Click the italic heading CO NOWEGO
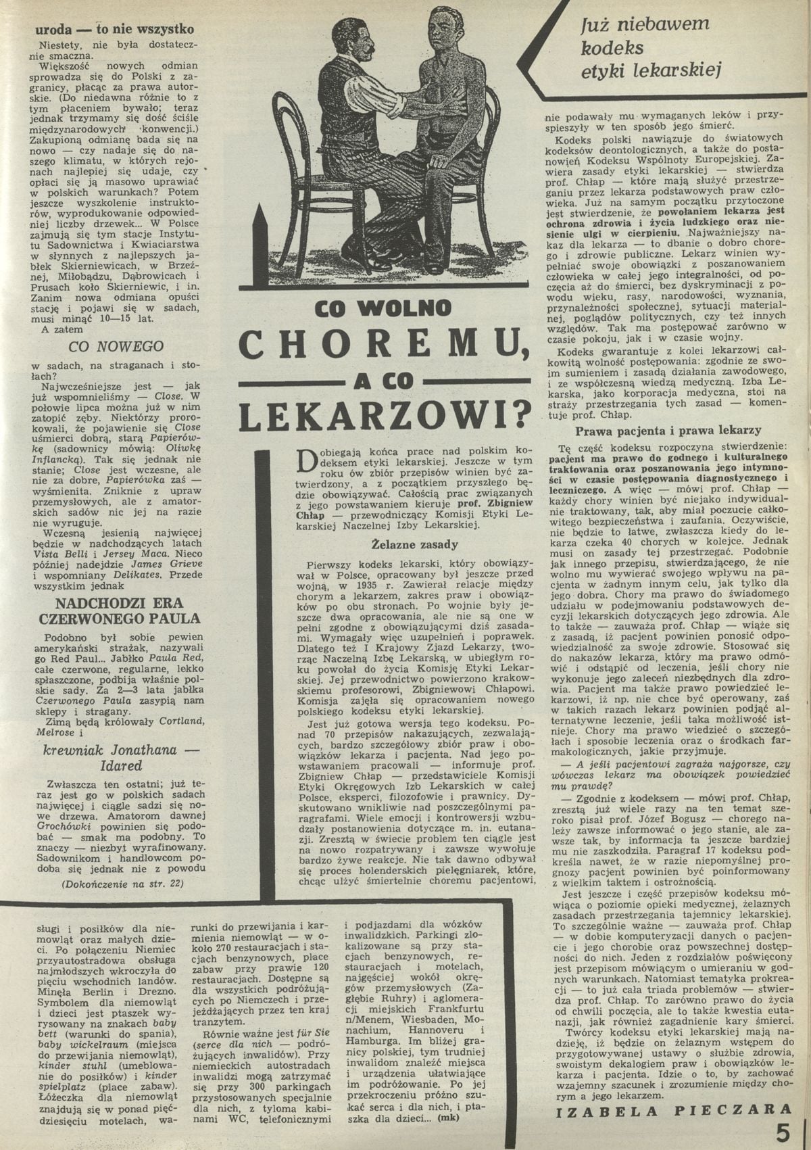[x=117, y=346]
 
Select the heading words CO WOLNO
[x=383, y=308]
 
